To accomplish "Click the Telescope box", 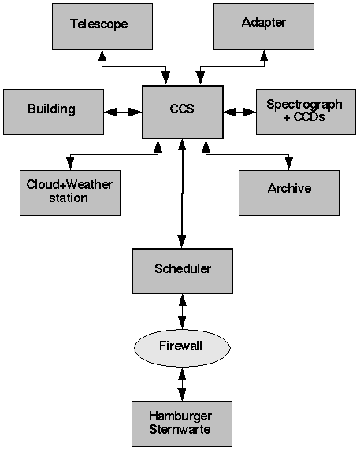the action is pos(102,26).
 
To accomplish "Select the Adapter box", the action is pos(264,26).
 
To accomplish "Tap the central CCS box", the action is pos(183,112).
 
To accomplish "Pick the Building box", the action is pos(54,112).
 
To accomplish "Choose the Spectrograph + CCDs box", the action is pos(306,112).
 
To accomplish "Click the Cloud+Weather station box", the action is pos(70,193).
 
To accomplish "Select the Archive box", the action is pos(289,193).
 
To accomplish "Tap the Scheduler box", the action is pos(182,271).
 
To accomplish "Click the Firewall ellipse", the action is pos(182,348).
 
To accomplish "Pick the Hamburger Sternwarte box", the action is pos(182,424).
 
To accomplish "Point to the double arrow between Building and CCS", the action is pos(123,112).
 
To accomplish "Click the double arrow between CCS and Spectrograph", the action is pos(239,112).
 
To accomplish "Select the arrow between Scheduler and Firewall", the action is pos(182,312).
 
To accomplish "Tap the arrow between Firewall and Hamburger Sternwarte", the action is pos(182,384).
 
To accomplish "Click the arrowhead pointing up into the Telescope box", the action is pos(102,55).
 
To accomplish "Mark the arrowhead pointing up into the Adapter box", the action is pos(264,55).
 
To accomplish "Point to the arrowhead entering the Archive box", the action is pos(289,164).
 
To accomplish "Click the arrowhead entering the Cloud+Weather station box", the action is pos(70,164).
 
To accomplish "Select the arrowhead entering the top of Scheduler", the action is pos(182,242).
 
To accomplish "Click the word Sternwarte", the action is pos(180,430).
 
